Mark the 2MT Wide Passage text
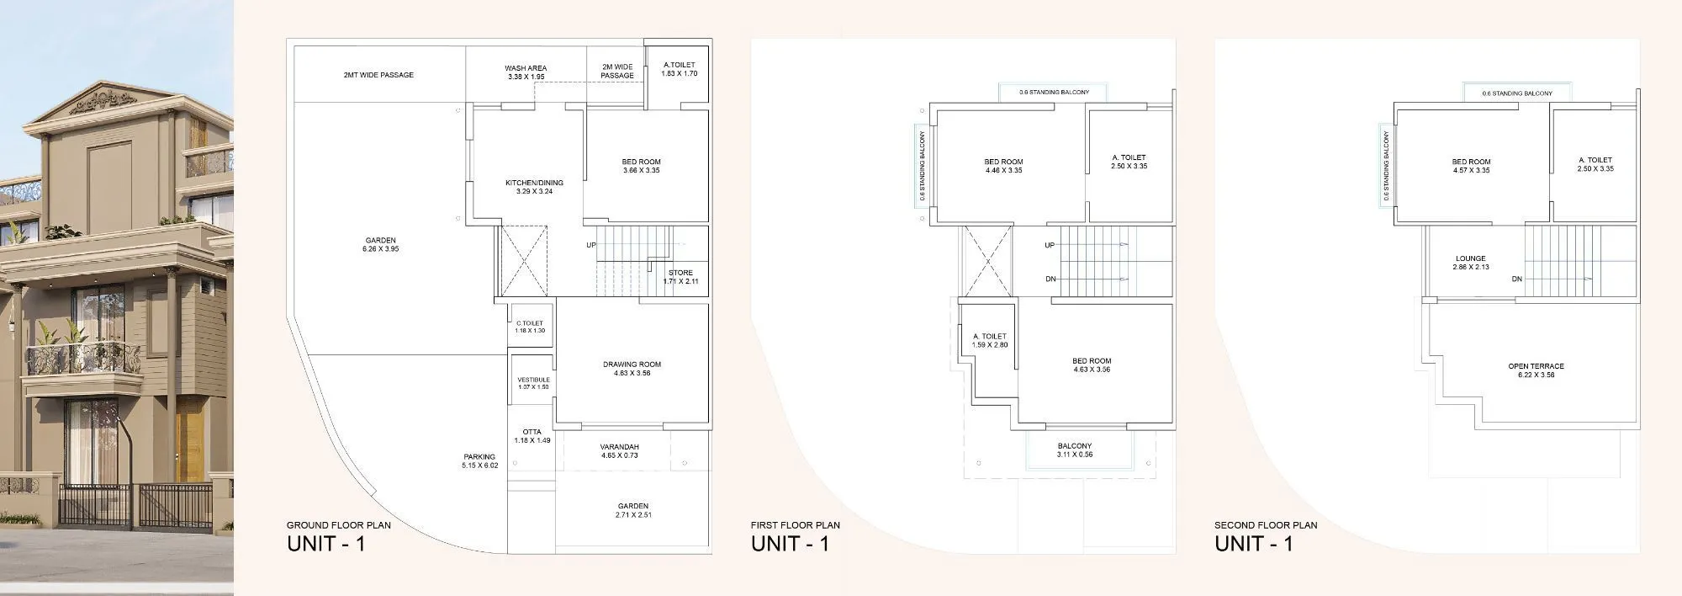pos(378,75)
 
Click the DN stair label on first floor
pos(1050,279)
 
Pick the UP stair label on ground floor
pos(591,245)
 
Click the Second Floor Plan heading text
pos(1266,525)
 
